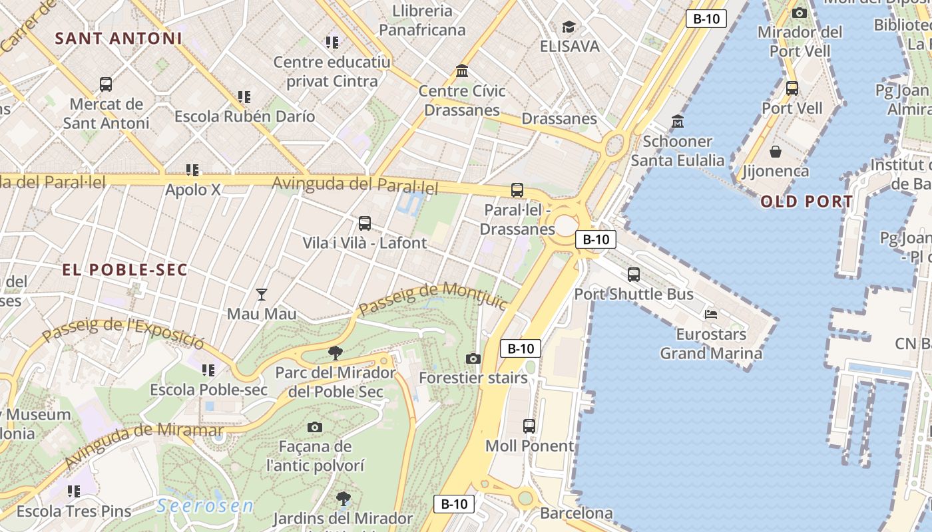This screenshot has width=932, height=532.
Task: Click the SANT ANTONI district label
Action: pyautogui.click(x=118, y=38)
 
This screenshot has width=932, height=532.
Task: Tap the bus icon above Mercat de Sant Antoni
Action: pyautogui.click(x=106, y=84)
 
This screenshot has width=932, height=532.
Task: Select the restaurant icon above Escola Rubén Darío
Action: pyautogui.click(x=244, y=97)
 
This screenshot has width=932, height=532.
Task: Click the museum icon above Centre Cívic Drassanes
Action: pyautogui.click(x=461, y=70)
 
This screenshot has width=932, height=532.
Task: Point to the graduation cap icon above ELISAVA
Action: pyautogui.click(x=569, y=27)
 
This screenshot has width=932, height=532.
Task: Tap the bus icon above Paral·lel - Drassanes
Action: pyautogui.click(x=517, y=190)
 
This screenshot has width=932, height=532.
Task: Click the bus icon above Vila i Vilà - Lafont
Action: pyautogui.click(x=365, y=223)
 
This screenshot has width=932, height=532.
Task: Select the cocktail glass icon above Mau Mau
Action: pyautogui.click(x=262, y=294)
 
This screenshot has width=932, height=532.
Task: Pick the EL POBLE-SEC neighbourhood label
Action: pyautogui.click(x=125, y=270)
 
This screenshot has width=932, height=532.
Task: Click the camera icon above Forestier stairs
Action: pyautogui.click(x=473, y=359)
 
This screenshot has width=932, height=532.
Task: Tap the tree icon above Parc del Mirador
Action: pyautogui.click(x=336, y=353)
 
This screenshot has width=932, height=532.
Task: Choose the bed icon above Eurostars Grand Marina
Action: pyautogui.click(x=711, y=314)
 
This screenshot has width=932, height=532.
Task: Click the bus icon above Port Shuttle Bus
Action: pyautogui.click(x=634, y=274)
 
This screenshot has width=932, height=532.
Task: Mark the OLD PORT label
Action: pyautogui.click(x=807, y=201)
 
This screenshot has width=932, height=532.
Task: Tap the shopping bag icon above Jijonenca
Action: pyautogui.click(x=776, y=152)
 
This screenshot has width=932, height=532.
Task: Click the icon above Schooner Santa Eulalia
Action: pyautogui.click(x=678, y=122)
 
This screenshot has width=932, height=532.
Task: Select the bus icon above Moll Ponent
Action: pyautogui.click(x=529, y=426)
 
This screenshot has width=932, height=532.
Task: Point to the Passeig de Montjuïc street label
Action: pyautogui.click(x=433, y=299)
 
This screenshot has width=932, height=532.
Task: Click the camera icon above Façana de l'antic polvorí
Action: pyautogui.click(x=315, y=427)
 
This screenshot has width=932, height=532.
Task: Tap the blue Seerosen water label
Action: pyautogui.click(x=205, y=506)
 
